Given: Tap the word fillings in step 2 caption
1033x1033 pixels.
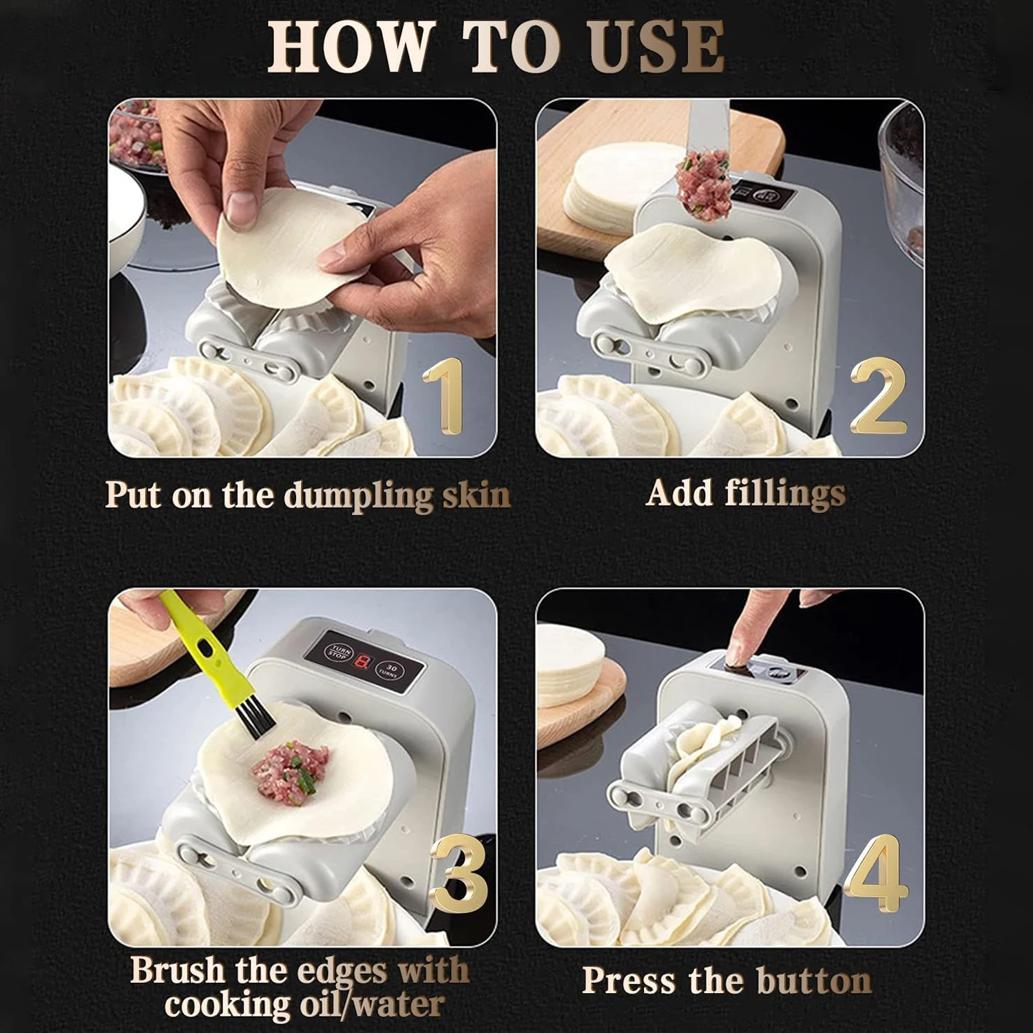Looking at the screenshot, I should (x=784, y=494).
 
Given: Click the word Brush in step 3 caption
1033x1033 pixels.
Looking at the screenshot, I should (x=176, y=971).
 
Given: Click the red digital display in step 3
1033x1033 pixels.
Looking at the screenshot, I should (x=363, y=662).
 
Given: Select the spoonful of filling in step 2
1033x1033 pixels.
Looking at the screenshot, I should (x=702, y=185).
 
